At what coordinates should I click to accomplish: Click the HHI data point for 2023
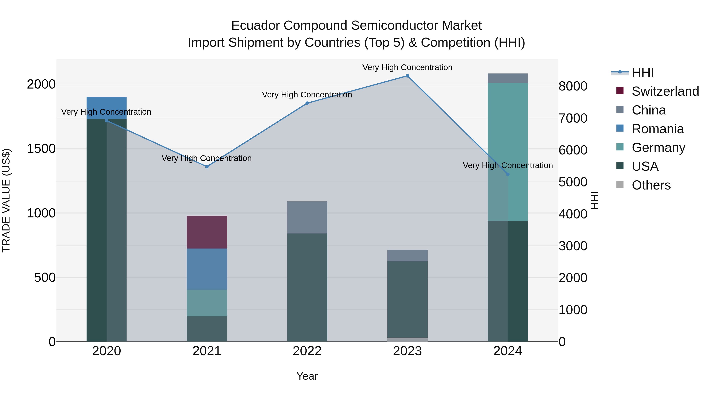(x=407, y=76)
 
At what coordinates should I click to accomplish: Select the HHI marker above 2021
(x=207, y=167)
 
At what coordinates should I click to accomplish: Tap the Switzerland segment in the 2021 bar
(x=207, y=232)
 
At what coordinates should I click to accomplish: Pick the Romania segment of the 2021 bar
(x=207, y=269)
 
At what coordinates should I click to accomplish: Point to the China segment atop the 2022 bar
(x=307, y=217)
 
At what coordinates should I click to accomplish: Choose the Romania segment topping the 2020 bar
(x=107, y=108)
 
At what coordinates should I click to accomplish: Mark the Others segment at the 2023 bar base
(x=407, y=340)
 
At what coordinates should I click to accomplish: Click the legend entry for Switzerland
(x=665, y=91)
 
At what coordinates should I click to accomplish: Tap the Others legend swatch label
(x=651, y=185)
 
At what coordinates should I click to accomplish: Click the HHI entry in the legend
(x=643, y=72)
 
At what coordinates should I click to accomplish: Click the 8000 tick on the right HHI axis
(x=573, y=86)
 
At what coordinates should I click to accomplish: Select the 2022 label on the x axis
(x=307, y=351)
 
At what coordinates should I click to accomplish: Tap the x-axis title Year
(x=307, y=376)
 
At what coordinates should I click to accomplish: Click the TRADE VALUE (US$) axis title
(x=6, y=200)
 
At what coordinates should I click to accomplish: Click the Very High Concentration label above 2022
(x=307, y=95)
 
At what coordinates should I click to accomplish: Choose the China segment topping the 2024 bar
(x=508, y=78)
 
